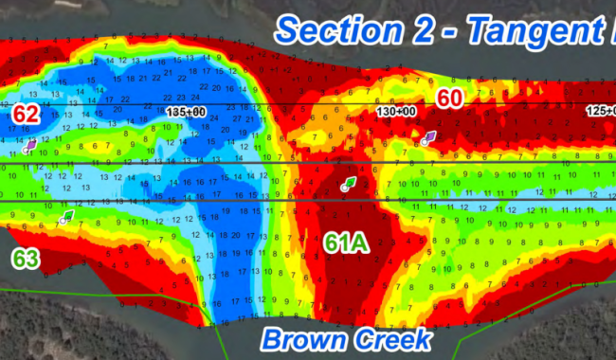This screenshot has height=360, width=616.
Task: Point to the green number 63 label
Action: (x=26, y=257)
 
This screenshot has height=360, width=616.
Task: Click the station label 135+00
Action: (x=185, y=112)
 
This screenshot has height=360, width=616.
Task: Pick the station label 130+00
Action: (x=396, y=112)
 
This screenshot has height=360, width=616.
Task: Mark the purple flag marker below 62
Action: (x=30, y=145)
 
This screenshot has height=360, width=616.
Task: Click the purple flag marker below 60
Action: (x=428, y=138)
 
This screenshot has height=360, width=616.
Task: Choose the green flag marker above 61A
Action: (x=348, y=183)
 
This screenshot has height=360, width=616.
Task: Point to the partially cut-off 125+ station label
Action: (x=599, y=112)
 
